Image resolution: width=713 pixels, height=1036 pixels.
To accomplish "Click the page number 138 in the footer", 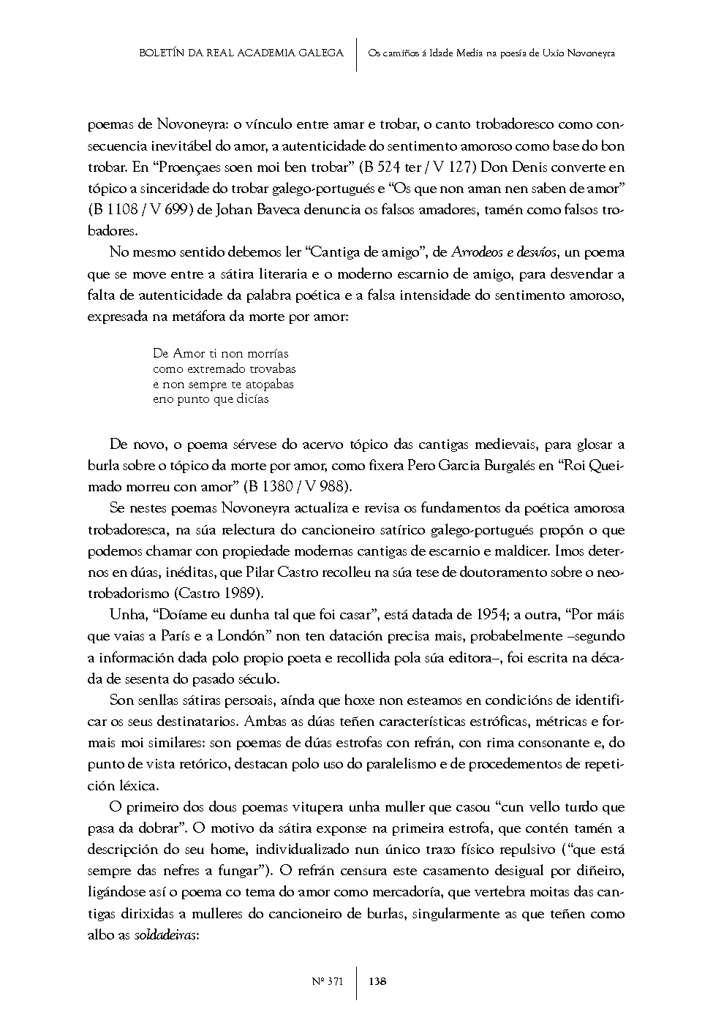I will (378, 981).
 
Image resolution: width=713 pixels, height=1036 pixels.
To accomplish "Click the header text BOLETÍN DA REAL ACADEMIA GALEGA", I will (241, 53).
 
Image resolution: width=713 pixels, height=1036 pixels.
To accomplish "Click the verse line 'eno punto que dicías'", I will (211, 399).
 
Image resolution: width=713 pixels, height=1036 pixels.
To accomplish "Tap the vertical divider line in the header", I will (356, 54).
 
